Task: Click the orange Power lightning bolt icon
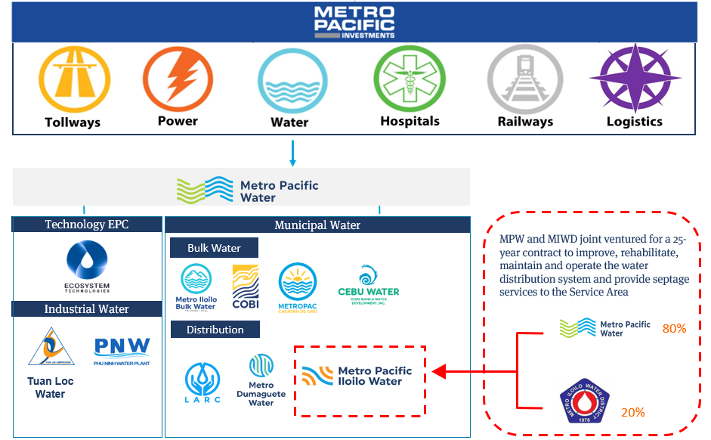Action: click(178, 79)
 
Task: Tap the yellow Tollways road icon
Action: click(73, 79)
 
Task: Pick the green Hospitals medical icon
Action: click(410, 79)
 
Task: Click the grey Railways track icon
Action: click(524, 79)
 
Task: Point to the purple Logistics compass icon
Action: click(635, 79)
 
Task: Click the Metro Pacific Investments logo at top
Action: click(354, 23)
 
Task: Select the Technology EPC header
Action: click(87, 225)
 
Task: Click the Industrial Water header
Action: click(87, 308)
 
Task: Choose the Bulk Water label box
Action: click(214, 248)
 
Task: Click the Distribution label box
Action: click(215, 330)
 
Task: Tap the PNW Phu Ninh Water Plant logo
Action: click(122, 349)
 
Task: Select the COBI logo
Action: click(246, 288)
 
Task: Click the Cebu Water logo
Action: click(368, 285)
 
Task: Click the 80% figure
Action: click(673, 329)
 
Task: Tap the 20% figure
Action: click(632, 413)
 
